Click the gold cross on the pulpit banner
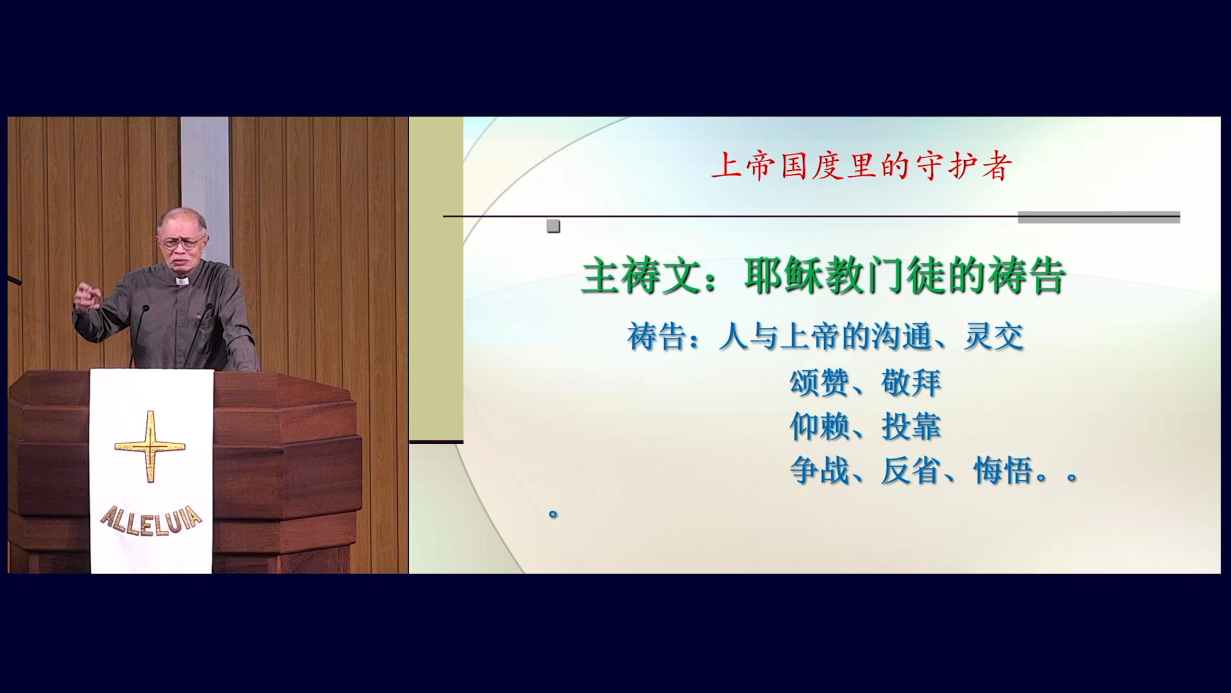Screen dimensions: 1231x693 (150, 446)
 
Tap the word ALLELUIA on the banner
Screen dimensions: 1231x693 (151, 519)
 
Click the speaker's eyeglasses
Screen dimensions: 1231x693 (181, 242)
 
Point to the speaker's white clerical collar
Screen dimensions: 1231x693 (182, 281)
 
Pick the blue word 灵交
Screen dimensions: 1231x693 (993, 337)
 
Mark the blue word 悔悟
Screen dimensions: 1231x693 (1004, 471)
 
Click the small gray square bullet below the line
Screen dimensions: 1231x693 (553, 226)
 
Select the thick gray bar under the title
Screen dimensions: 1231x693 (1099, 218)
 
